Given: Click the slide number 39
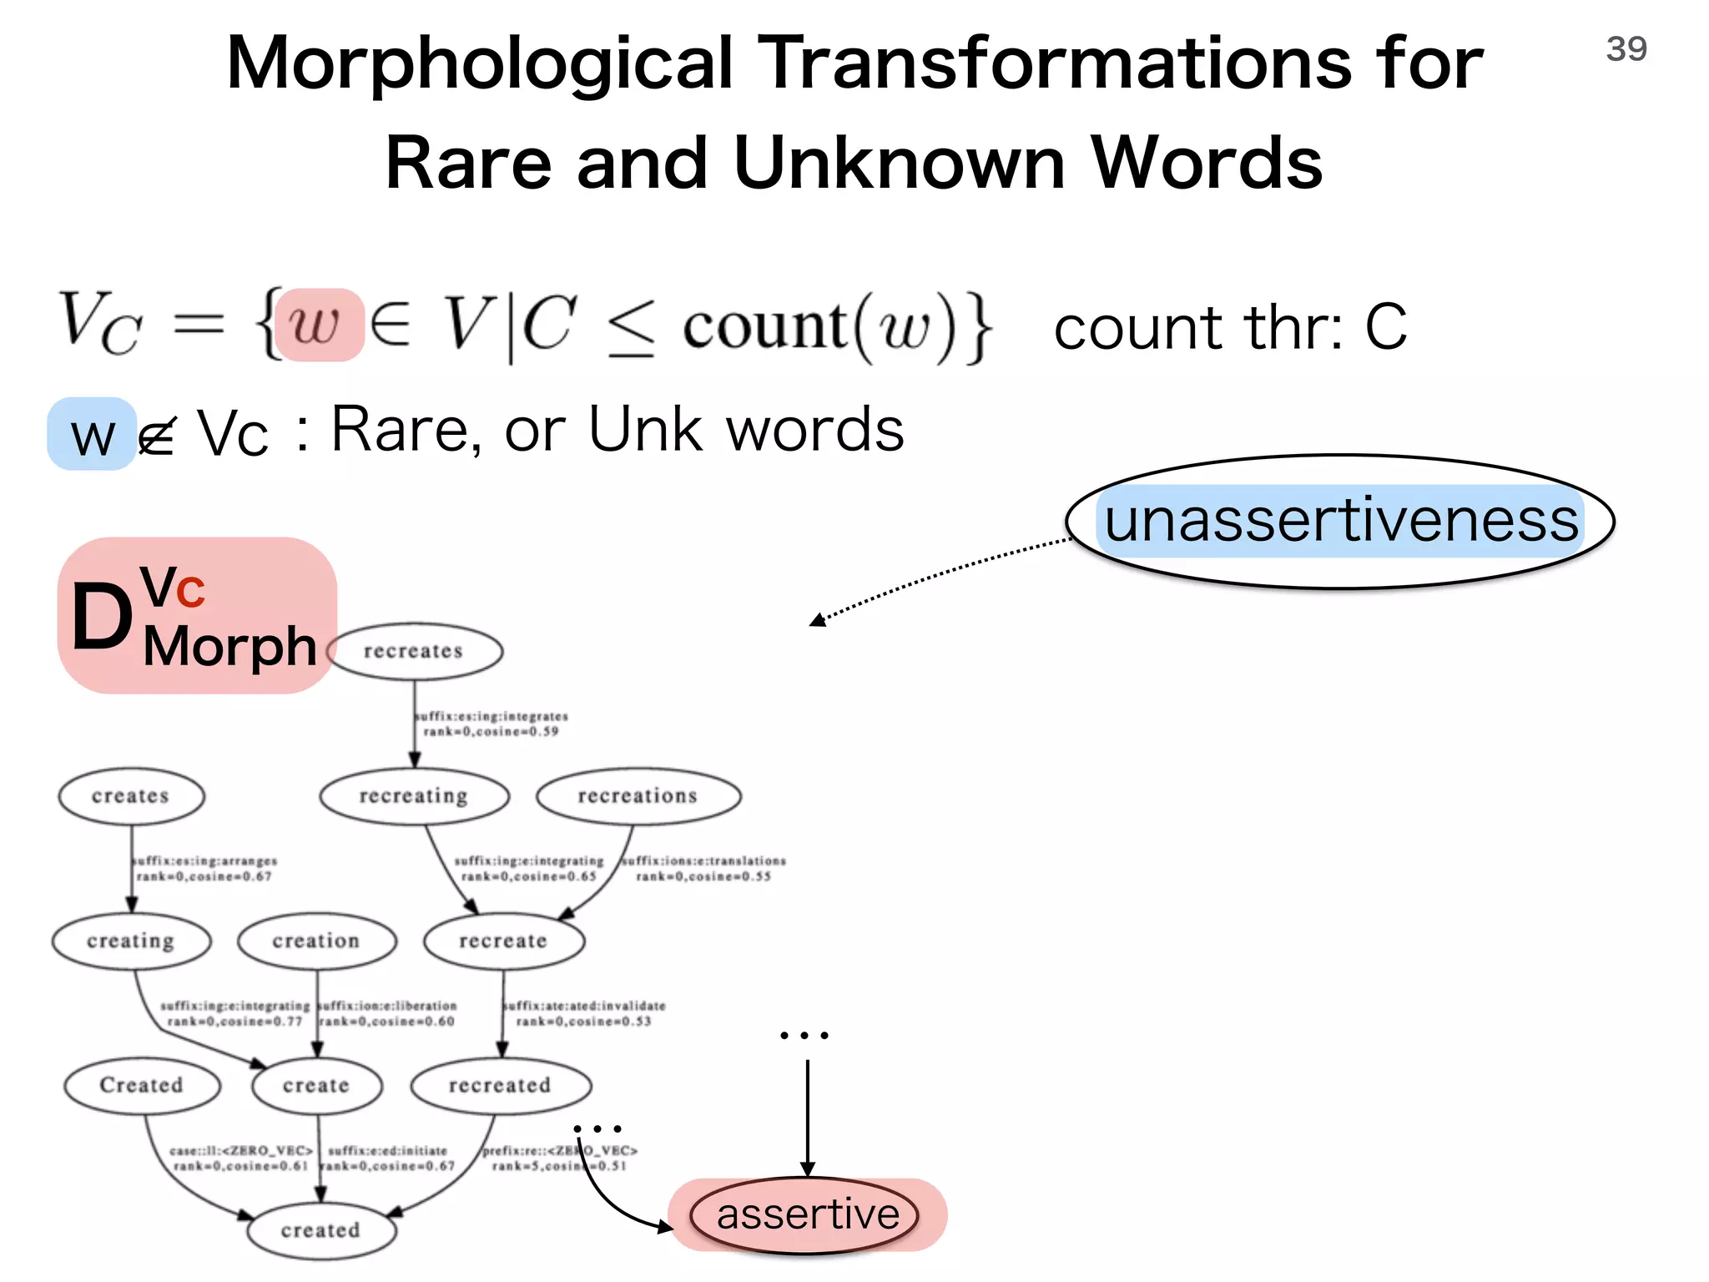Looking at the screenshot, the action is click(x=1626, y=49).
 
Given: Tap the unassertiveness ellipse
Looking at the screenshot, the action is click(x=1340, y=522).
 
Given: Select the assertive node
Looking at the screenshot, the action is click(x=806, y=1215).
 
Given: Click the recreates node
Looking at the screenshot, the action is click(x=415, y=651).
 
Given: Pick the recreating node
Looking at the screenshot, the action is click(x=414, y=796).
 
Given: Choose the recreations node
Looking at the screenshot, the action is click(x=638, y=796).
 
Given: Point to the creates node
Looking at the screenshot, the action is click(x=131, y=796).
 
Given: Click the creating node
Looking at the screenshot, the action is click(x=131, y=941).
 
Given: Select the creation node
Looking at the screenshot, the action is click(x=316, y=941).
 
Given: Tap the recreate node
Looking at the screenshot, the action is click(x=503, y=941).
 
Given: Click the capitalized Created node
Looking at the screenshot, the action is click(x=142, y=1086).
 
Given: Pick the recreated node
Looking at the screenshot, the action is click(x=501, y=1086).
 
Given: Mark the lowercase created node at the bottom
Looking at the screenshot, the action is click(x=321, y=1230).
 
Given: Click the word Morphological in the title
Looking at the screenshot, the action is click(x=480, y=64).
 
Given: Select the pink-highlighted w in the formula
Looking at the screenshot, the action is click(x=319, y=325).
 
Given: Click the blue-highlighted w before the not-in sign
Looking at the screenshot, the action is click(x=92, y=435).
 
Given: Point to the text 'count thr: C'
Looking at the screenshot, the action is click(x=1231, y=328).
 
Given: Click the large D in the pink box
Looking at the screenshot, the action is click(x=102, y=618).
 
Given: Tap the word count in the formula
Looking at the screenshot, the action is click(x=764, y=326).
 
